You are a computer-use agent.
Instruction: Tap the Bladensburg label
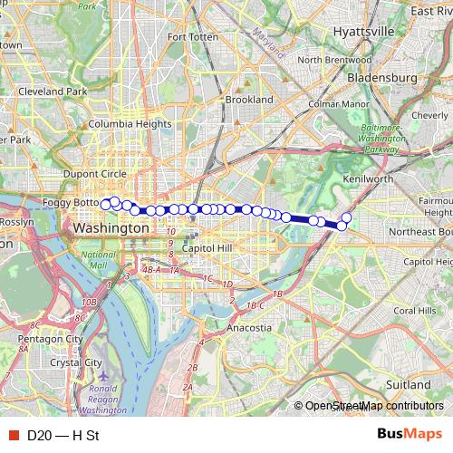pos(383,78)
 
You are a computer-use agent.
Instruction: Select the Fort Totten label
pos(188,37)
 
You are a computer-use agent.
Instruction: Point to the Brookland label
pos(249,100)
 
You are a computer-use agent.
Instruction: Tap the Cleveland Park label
pos(53,92)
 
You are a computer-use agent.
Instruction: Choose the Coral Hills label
pos(415,311)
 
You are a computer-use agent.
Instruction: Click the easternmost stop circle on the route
pos(346,217)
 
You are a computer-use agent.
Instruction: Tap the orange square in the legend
pos(13,435)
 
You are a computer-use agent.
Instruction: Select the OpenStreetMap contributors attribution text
pos(374,406)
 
